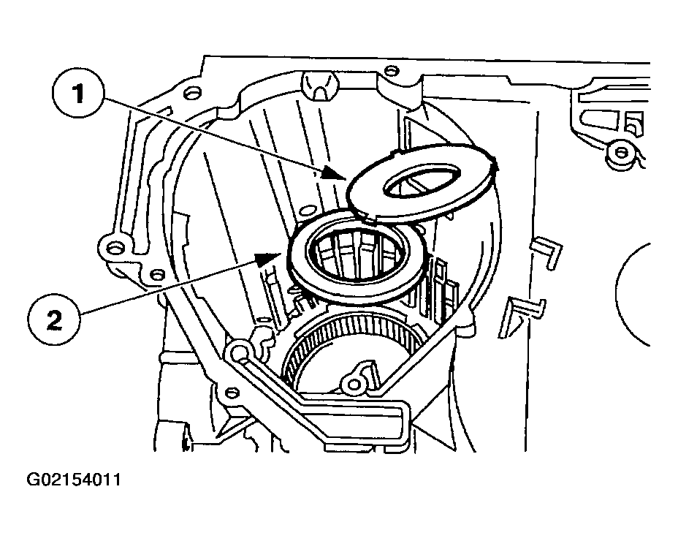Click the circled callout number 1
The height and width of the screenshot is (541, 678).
pyautogui.click(x=78, y=94)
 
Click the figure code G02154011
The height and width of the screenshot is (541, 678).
pyautogui.click(x=74, y=480)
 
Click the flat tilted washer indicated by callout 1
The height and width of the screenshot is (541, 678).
pyautogui.click(x=422, y=182)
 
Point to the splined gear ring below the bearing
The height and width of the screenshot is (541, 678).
pyautogui.click(x=350, y=347)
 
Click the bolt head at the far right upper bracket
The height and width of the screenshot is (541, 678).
pyautogui.click(x=621, y=152)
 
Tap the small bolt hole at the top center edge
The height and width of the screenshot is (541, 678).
pyautogui.click(x=390, y=70)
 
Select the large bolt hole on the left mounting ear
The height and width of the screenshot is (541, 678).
pyautogui.click(x=114, y=248)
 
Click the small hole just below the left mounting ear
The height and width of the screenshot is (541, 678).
pyautogui.click(x=156, y=274)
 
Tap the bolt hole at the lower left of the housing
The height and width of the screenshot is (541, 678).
pyautogui.click(x=232, y=393)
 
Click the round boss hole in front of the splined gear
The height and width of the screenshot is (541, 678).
pyautogui.click(x=354, y=383)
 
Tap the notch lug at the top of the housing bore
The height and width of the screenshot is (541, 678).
pyautogui.click(x=319, y=85)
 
